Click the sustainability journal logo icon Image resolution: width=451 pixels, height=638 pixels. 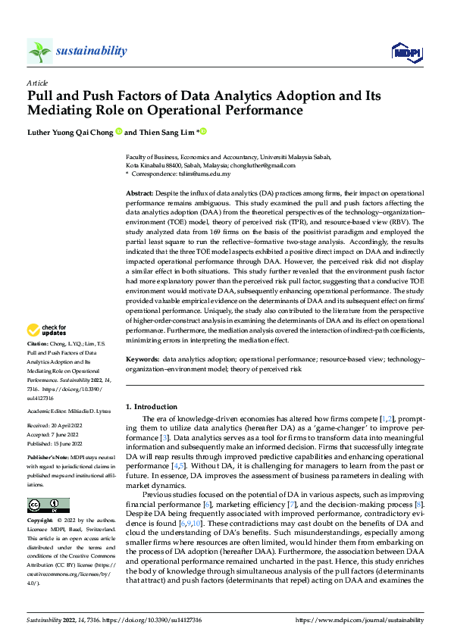(39, 51)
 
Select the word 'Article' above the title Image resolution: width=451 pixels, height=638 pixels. (37, 83)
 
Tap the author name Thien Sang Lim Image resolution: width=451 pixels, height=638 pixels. (165, 133)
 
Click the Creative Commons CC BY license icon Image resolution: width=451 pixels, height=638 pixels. (48, 484)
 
